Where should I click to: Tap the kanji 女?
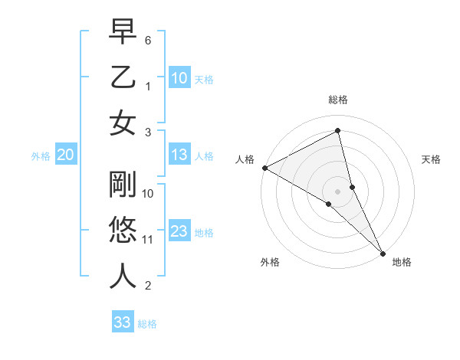coord(123,123)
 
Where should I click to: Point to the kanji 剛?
coord(123,184)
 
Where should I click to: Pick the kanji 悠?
coord(123,230)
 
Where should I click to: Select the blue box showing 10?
coord(179,77)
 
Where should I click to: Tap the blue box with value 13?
coord(179,155)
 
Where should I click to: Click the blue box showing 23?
coord(179,231)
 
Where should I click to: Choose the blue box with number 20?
coord(65,155)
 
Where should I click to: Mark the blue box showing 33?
coord(122,322)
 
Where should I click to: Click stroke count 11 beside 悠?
coord(148,240)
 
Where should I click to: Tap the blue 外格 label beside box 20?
coord(41,156)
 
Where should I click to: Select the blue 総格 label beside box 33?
coord(147,324)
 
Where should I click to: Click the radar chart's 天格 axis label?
coord(431,159)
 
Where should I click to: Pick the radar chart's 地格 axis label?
coord(402,262)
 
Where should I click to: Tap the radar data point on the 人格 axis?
coord(264,167)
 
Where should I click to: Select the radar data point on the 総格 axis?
coord(337,131)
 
